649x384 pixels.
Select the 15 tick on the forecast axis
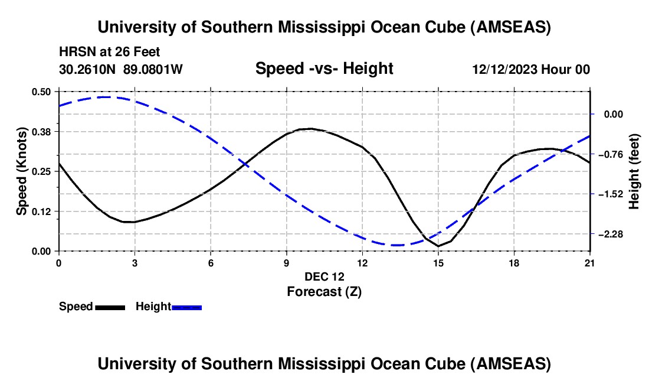[x=438, y=262]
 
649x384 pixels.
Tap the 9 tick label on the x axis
[x=286, y=262]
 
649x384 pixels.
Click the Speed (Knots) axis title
[x=22, y=171]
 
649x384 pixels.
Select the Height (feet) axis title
[x=634, y=171]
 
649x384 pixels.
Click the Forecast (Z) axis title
[x=324, y=291]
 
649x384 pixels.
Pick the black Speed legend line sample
[x=110, y=307]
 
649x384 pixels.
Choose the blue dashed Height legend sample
[x=187, y=307]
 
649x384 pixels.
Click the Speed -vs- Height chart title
[x=324, y=69]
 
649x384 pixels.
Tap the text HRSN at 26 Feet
[x=110, y=52]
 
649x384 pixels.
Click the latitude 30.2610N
[x=88, y=69]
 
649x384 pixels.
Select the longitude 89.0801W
[x=153, y=69]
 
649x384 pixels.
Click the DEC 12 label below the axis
[x=324, y=276]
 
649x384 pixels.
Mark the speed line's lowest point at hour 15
[x=438, y=246]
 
